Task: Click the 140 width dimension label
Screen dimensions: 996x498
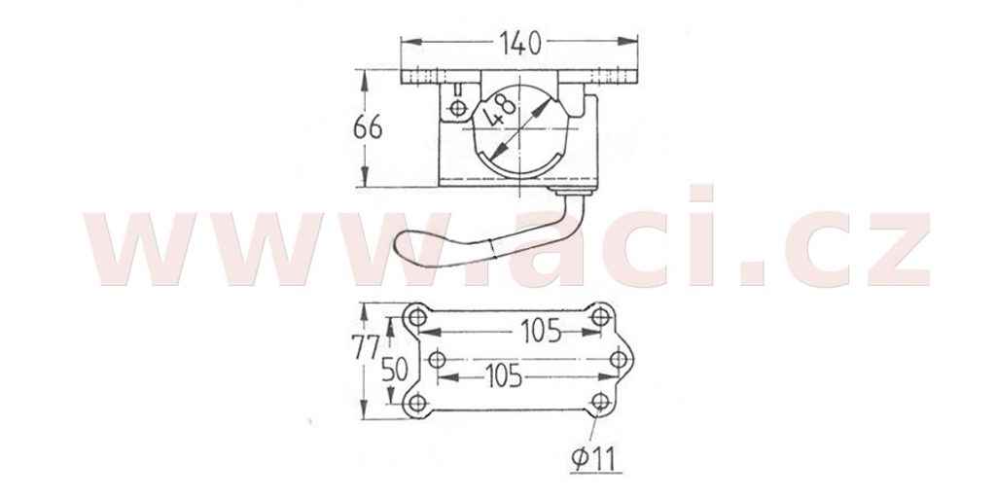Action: (x=520, y=43)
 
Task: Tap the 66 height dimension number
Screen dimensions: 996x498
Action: (x=368, y=127)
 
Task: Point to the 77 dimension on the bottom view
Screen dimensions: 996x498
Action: (x=366, y=347)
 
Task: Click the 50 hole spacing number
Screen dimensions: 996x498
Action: (x=395, y=369)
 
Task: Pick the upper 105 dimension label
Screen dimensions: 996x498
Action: (x=541, y=331)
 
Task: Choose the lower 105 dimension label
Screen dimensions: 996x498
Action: (x=503, y=376)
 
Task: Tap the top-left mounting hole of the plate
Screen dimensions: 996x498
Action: (x=417, y=316)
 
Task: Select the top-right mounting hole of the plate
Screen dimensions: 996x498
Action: (x=600, y=316)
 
